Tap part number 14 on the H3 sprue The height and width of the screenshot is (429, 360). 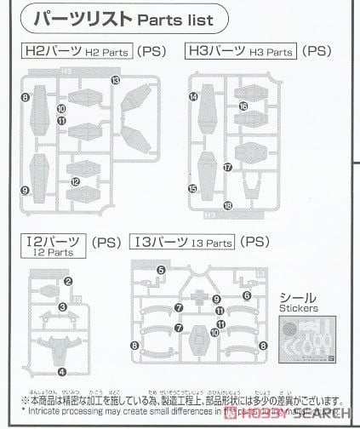click(x=194, y=98)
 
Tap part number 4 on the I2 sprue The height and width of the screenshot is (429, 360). click(x=61, y=371)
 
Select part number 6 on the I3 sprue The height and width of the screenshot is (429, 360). click(x=246, y=295)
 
